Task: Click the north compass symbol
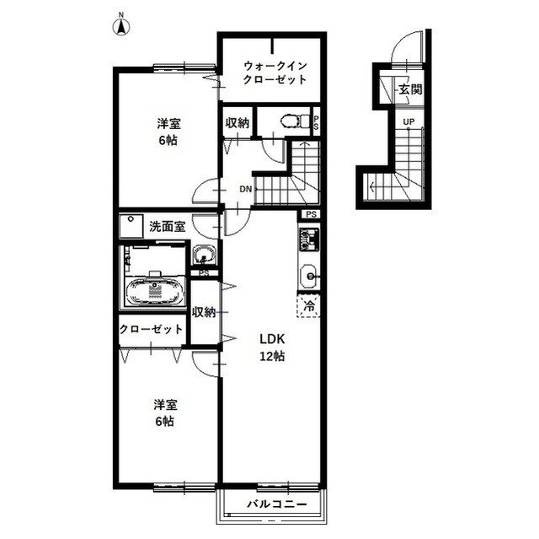121,24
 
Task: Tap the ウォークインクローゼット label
275,73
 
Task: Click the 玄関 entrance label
410,89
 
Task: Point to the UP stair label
408,121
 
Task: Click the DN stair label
245,189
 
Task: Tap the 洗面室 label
167,226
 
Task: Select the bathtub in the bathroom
155,291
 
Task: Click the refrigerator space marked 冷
309,305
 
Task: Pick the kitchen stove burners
309,240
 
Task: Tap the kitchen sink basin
309,276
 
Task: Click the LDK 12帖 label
272,348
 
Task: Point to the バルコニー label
277,504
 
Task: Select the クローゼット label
151,329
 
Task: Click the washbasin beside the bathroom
204,255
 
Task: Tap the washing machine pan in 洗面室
131,226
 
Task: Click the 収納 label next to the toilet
237,123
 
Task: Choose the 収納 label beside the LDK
204,312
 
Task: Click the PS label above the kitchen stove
311,214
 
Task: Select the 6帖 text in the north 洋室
168,140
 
